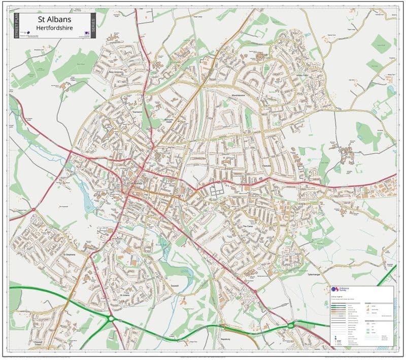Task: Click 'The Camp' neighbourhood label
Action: click(248, 227)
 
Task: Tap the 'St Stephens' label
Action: click(70, 254)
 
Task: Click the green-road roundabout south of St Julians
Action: click(111, 319)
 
